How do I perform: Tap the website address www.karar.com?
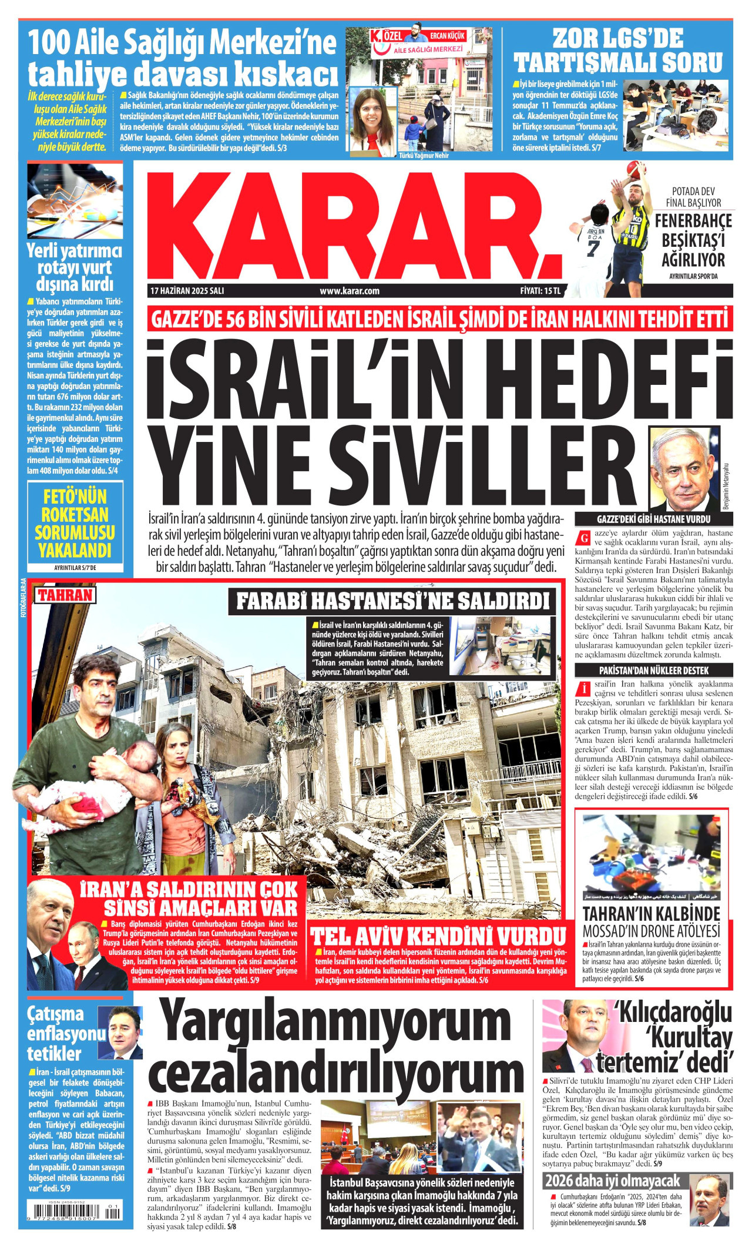tap(350, 291)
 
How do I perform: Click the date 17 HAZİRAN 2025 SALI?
tap(187, 291)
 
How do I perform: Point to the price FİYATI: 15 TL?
tap(540, 291)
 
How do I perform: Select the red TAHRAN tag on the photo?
tap(65, 595)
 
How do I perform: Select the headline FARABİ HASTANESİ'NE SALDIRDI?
tap(392, 602)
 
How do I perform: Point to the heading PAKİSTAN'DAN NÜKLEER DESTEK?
tap(653, 671)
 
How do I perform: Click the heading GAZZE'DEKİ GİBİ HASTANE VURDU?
tap(653, 519)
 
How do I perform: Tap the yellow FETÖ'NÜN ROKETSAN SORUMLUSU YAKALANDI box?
tap(75, 523)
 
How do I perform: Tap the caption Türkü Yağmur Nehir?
tap(424, 156)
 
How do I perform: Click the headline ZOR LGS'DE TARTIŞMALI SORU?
tap(618, 51)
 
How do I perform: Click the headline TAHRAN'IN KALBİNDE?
tap(651, 914)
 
